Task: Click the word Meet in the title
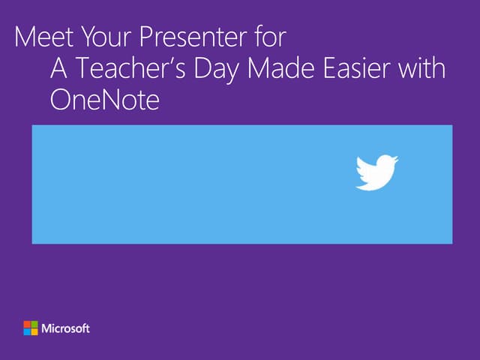pos(39,38)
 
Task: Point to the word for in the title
pos(272,38)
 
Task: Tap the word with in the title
pos(424,70)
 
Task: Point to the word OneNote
pos(105,100)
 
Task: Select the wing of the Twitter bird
pos(366,168)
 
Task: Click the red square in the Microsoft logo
pos(27,325)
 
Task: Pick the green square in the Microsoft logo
pos(34,325)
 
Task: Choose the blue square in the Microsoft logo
pos(27,332)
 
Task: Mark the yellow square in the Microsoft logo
pos(34,332)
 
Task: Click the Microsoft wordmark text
pos(66,328)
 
